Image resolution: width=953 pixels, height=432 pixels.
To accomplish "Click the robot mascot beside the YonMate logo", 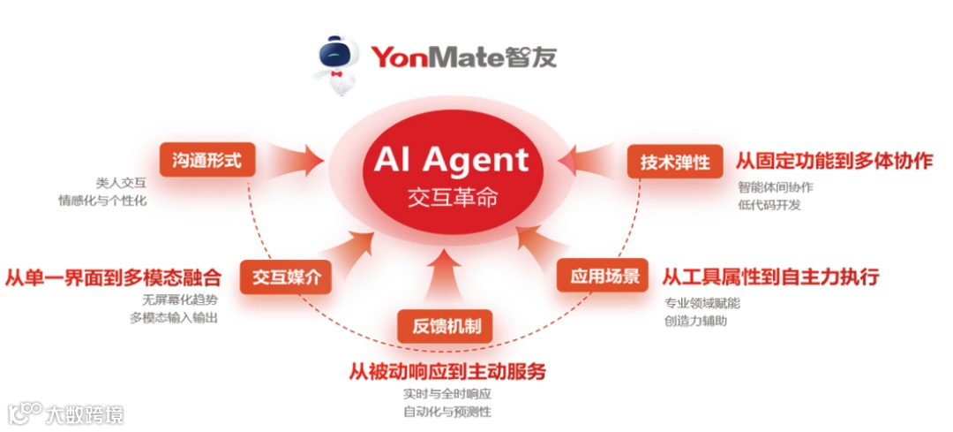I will click(339, 60).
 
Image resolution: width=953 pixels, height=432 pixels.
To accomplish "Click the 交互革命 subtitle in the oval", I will click(452, 196).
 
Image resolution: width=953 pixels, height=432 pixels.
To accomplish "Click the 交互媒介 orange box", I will click(285, 277).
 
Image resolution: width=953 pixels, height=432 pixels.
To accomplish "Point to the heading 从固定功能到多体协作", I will click(834, 161).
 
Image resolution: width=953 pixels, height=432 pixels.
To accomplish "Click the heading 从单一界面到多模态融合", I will click(113, 277).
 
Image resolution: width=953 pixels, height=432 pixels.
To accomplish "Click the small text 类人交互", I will click(121, 183).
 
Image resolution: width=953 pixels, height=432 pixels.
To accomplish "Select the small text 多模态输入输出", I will click(173, 318).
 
